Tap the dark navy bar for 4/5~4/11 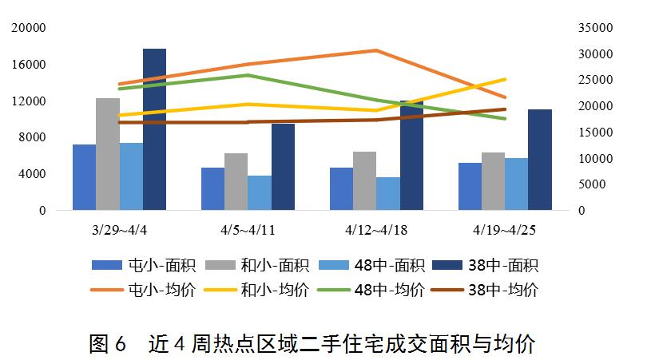283,168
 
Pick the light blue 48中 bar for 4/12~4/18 388,194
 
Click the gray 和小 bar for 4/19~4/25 493,182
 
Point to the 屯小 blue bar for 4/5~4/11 212,189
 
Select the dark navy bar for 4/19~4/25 540,160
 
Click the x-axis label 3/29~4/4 119,230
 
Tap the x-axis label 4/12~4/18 376,230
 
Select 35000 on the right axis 595,28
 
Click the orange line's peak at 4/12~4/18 376,50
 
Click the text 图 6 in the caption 108,344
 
